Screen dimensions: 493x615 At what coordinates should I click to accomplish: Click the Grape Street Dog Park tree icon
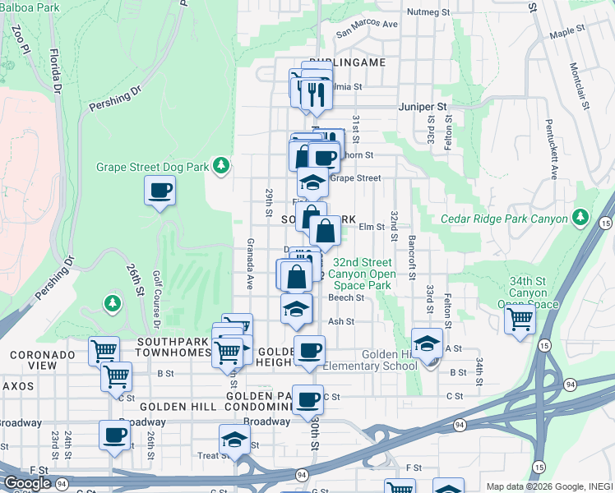tap(220, 167)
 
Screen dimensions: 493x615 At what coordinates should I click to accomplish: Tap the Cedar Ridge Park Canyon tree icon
tap(581, 217)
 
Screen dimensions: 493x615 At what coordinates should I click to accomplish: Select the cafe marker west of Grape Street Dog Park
tap(160, 191)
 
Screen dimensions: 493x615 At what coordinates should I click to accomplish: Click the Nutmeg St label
tap(429, 12)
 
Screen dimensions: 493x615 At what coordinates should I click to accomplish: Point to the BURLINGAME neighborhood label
tap(355, 62)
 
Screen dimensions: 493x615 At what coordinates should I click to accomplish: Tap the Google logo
tap(27, 482)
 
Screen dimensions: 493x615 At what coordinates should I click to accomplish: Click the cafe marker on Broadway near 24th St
tap(114, 435)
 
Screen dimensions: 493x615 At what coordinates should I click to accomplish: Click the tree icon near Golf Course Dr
tap(112, 305)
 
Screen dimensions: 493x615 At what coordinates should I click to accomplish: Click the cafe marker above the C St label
tap(308, 399)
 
